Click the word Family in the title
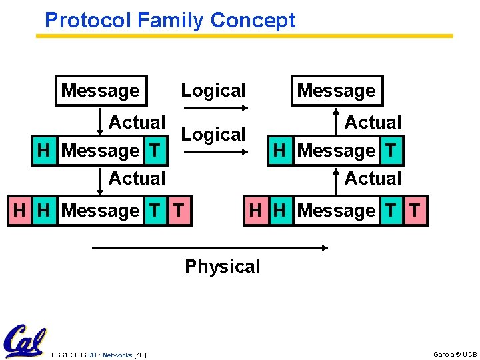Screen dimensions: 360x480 click(x=169, y=21)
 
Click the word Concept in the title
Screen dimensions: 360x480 click(x=253, y=21)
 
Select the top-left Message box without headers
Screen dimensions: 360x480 click(x=101, y=91)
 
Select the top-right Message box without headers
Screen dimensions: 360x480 click(x=337, y=91)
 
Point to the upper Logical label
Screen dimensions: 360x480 click(x=213, y=91)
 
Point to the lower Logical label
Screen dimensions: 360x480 click(x=213, y=135)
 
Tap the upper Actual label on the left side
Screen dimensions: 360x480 click(x=137, y=123)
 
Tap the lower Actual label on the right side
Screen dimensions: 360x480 click(x=373, y=179)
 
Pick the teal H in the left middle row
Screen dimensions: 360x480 click(x=43, y=151)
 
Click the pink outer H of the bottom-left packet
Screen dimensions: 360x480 click(x=19, y=211)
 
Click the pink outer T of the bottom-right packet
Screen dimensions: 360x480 click(x=415, y=211)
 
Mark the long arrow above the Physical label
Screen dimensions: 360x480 click(x=210, y=248)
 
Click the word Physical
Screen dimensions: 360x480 click(x=222, y=267)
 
